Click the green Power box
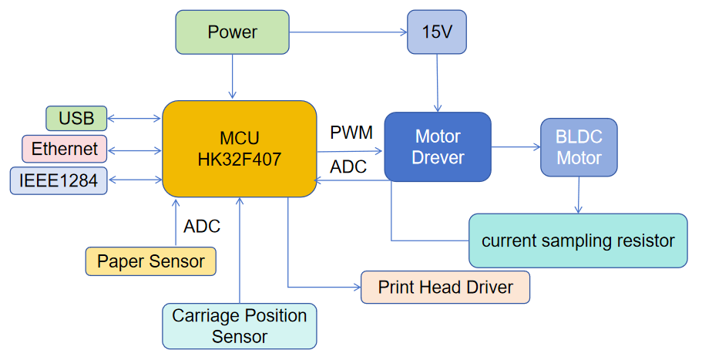tap(232, 32)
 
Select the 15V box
tap(437, 32)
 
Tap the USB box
tap(76, 119)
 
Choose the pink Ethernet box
tap(65, 149)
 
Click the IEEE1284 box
tap(59, 180)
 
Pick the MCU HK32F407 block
tap(240, 148)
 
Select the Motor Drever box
tap(438, 146)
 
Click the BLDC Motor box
tap(579, 146)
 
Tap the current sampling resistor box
tap(578, 241)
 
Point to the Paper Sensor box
tap(150, 261)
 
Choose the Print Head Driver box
tap(445, 288)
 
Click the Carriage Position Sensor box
tap(240, 326)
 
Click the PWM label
tap(351, 133)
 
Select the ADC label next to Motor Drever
tap(348, 167)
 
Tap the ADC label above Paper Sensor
tap(202, 227)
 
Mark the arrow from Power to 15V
tap(348, 32)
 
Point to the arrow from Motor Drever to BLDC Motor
tap(516, 146)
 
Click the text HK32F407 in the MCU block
tap(240, 160)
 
